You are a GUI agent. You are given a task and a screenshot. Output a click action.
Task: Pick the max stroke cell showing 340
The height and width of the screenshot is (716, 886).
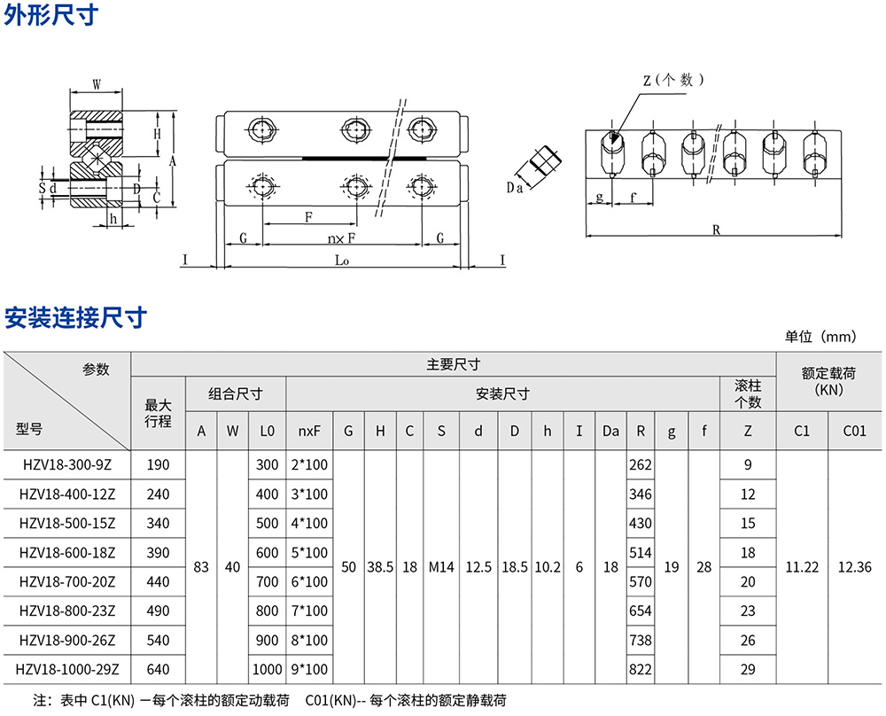pyautogui.click(x=158, y=523)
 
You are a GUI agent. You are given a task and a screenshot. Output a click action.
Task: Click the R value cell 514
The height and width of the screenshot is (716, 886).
pyautogui.click(x=640, y=552)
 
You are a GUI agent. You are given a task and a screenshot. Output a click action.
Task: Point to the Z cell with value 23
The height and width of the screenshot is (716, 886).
pyautogui.click(x=748, y=611)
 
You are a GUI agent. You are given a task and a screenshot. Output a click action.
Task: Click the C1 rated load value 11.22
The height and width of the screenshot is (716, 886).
pyautogui.click(x=802, y=566)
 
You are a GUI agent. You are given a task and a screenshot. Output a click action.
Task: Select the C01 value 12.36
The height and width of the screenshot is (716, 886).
pyautogui.click(x=854, y=566)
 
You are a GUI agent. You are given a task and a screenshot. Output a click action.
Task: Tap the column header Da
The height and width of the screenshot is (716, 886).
pyautogui.click(x=610, y=432)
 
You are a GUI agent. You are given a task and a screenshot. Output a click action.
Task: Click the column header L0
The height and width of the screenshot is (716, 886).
pyautogui.click(x=267, y=432)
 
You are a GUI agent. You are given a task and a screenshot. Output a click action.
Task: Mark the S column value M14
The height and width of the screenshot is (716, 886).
pyautogui.click(x=440, y=566)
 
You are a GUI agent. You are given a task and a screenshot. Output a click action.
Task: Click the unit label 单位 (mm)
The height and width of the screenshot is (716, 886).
pyautogui.click(x=820, y=337)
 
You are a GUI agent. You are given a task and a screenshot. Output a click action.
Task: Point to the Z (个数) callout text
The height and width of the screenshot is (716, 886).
pyautogui.click(x=672, y=80)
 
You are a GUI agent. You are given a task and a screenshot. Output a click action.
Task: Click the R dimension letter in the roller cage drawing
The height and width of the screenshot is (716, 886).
pyautogui.click(x=715, y=230)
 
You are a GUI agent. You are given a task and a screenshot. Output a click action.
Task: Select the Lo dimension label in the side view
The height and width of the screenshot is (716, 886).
pyautogui.click(x=342, y=260)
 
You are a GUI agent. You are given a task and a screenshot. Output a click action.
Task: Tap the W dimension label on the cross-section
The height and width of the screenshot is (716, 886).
pyautogui.click(x=96, y=84)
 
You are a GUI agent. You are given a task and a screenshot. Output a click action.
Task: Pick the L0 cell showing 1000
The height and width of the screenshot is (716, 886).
pyautogui.click(x=267, y=670)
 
